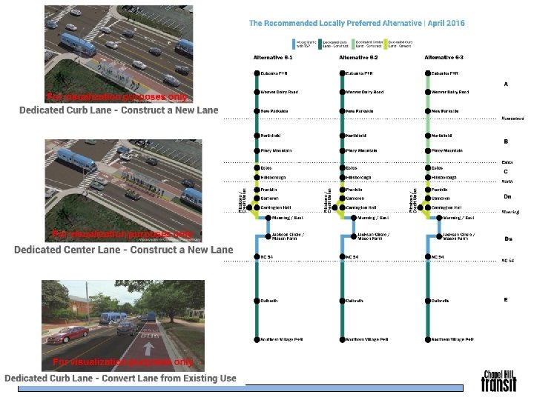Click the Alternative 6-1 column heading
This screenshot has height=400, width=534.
pyautogui.click(x=273, y=57)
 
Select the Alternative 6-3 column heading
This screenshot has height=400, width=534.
pyautogui.click(x=444, y=57)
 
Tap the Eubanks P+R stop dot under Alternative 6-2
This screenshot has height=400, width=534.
pyautogui.click(x=342, y=73)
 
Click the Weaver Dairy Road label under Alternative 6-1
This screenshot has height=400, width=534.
pyautogui.click(x=279, y=93)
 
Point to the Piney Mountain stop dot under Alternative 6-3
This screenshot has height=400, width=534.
pyautogui.click(x=428, y=150)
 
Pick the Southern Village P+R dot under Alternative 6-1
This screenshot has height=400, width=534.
pyautogui.click(x=257, y=339)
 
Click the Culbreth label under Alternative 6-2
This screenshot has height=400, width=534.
pyautogui.click(x=354, y=301)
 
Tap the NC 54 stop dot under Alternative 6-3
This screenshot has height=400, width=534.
pyautogui.click(x=428, y=257)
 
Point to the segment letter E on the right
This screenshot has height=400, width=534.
pyautogui.click(x=506, y=300)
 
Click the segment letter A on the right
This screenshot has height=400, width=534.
pyautogui.click(x=506, y=84)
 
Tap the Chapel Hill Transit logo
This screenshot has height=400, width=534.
pyautogui.click(x=492, y=381)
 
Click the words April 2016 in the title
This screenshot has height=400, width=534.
pyautogui.click(x=445, y=24)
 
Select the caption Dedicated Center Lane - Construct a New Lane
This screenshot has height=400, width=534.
pyautogui.click(x=123, y=250)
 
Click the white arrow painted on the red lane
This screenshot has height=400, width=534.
pyautogui.click(x=148, y=347)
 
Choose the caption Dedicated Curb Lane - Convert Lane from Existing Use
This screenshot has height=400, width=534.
pyautogui.click(x=120, y=379)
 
